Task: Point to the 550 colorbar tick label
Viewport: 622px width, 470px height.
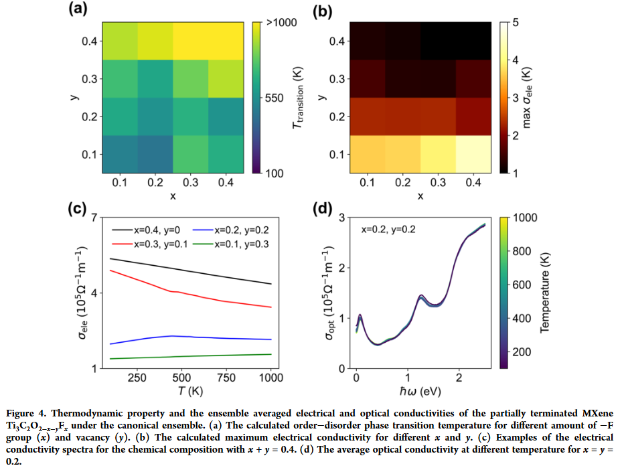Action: pyautogui.click(x=275, y=98)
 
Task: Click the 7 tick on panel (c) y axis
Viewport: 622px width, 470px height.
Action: pyautogui.click(x=94, y=218)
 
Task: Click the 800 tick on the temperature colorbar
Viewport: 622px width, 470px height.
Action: pyautogui.click(x=521, y=252)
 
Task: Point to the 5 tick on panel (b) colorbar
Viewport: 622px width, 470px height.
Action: pyautogui.click(x=516, y=23)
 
